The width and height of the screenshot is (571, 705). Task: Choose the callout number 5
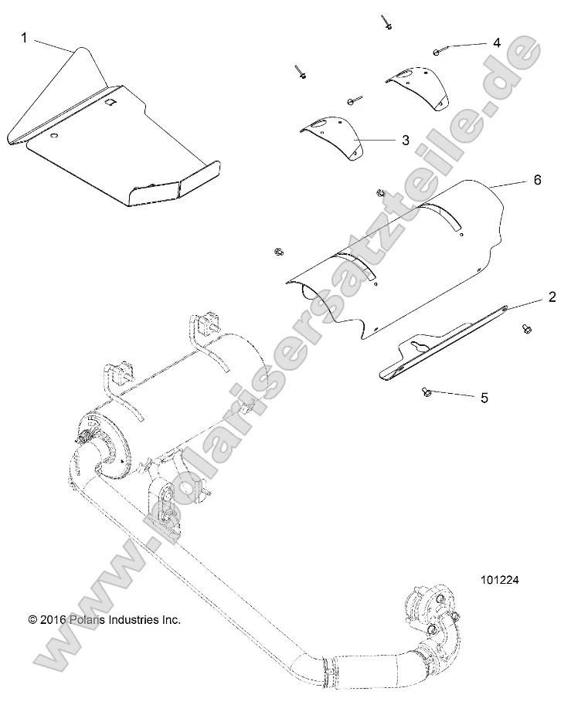click(484, 398)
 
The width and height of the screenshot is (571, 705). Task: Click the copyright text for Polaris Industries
click(104, 619)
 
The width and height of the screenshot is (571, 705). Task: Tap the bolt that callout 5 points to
click(426, 392)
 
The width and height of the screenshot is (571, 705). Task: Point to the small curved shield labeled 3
click(332, 135)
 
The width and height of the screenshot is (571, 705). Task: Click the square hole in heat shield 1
click(110, 101)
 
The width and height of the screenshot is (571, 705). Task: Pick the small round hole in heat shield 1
click(55, 136)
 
